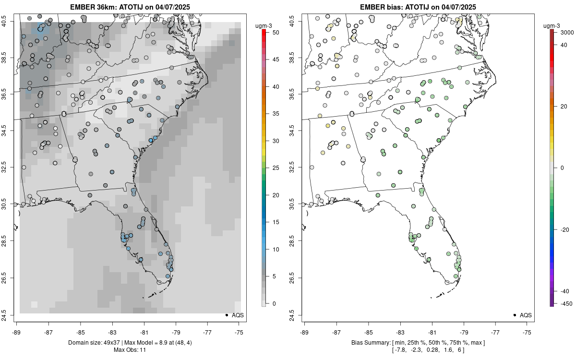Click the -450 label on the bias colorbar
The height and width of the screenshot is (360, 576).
pyautogui.click(x=564, y=303)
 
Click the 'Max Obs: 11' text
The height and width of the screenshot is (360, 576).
pyautogui.click(x=130, y=350)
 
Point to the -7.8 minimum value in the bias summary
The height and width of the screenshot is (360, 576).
pyautogui.click(x=400, y=350)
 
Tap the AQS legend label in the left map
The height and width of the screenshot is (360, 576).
pyautogui.click(x=238, y=315)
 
